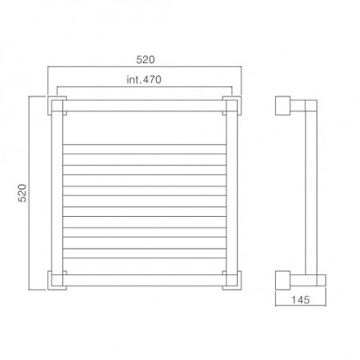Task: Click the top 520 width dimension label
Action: point(146,59)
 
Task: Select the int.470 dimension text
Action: point(144,79)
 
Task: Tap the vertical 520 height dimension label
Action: point(22,193)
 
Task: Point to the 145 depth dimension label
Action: point(300,300)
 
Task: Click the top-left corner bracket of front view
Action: point(57,106)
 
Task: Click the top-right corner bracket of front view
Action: point(232,106)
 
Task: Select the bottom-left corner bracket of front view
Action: point(57,280)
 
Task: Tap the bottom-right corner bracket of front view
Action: point(232,280)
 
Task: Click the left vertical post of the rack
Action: point(57,193)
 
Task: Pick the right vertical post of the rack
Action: point(232,193)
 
